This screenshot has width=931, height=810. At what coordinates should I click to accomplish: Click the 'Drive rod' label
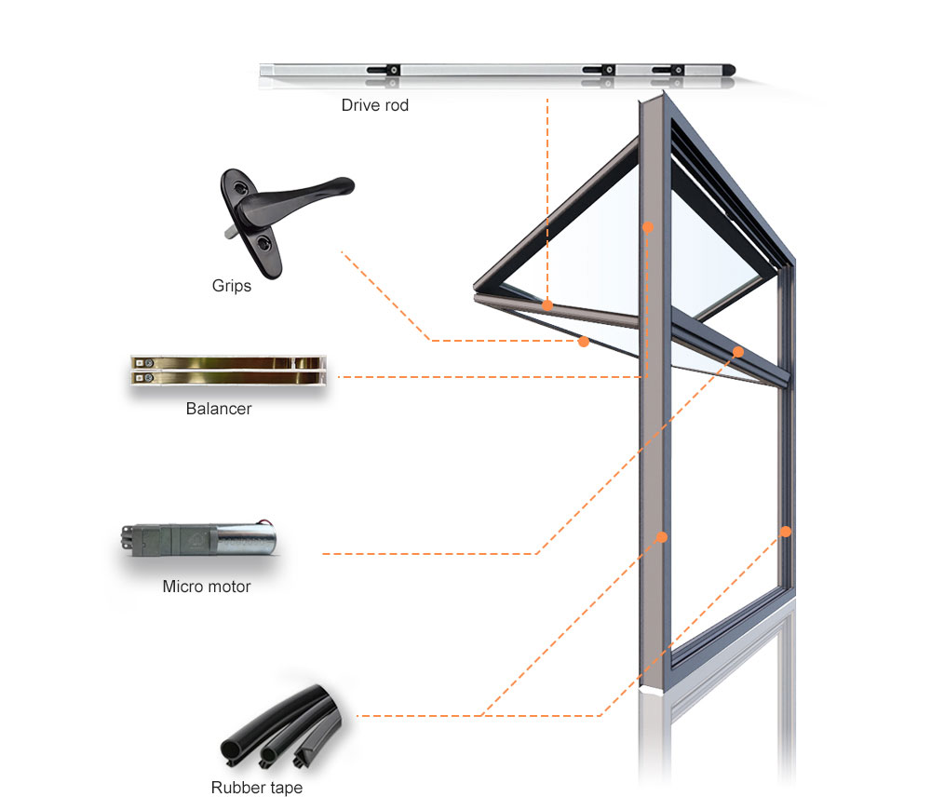[x=374, y=105]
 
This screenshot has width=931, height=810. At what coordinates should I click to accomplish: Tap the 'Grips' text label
[x=232, y=286]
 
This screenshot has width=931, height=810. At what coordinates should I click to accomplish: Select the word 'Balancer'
[x=219, y=409]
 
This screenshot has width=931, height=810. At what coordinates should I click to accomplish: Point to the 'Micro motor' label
[x=207, y=587]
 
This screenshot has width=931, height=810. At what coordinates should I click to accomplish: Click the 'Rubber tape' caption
[x=257, y=788]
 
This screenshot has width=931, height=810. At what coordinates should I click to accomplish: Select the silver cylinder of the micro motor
[x=245, y=539]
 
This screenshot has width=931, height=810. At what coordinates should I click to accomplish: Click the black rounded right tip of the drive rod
[x=729, y=70]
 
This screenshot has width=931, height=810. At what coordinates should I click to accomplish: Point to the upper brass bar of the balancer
[x=227, y=362]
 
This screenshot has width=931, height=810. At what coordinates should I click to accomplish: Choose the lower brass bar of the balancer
[x=227, y=377]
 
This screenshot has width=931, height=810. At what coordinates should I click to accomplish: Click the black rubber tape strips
[x=281, y=727]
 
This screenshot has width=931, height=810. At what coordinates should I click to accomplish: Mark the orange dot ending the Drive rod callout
[x=547, y=305]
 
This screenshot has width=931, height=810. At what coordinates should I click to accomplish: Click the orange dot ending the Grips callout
[x=584, y=342]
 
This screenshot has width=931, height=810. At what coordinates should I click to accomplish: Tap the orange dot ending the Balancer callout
[x=648, y=227]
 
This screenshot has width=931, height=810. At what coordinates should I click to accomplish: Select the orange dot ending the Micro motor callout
[x=738, y=352]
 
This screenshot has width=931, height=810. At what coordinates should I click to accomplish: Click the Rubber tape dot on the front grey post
[x=661, y=537]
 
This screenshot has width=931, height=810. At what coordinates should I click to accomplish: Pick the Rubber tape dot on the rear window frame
[x=786, y=532]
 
